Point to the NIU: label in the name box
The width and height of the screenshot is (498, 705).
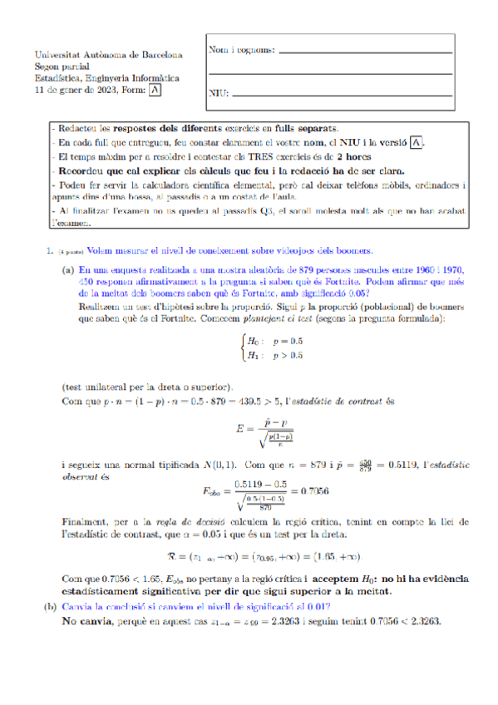click(218, 105)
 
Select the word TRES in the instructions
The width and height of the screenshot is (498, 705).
click(249, 156)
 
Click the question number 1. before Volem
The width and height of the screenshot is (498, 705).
click(51, 249)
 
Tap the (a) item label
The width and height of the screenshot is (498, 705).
click(68, 270)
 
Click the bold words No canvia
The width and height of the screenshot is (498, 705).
click(90, 621)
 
